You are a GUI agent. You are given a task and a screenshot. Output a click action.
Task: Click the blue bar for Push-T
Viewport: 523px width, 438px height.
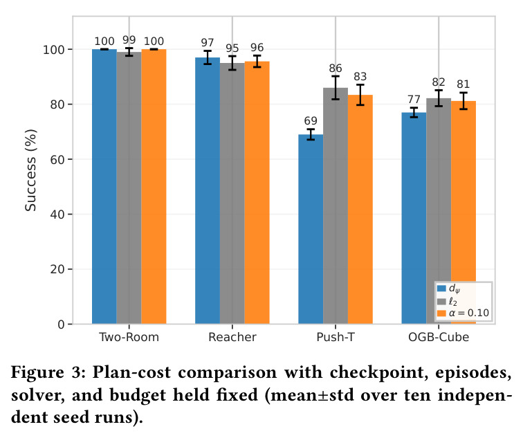pos(311,229)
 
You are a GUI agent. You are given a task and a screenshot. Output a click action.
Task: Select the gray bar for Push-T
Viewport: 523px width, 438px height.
pos(336,206)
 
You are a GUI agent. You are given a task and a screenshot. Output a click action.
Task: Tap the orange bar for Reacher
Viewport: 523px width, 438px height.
pos(257,193)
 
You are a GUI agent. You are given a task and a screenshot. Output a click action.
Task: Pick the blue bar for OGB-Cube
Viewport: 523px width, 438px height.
pos(414,218)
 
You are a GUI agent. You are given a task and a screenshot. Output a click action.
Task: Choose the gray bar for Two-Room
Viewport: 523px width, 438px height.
pos(129,188)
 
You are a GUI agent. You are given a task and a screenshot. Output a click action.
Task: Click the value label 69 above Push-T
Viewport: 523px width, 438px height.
pos(311,121)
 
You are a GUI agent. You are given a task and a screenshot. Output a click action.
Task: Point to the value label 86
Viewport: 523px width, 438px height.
pos(336,69)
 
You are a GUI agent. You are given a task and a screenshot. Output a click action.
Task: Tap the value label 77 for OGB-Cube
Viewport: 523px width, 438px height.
pos(414,100)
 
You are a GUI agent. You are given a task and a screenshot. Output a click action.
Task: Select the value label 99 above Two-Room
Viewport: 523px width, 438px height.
pos(129,40)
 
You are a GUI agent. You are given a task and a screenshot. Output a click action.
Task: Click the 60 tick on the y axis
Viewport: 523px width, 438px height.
pos(57,159)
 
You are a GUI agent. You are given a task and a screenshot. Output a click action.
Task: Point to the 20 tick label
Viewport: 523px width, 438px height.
pos(57,269)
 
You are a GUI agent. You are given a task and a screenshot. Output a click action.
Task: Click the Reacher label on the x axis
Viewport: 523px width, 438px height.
pos(232,337)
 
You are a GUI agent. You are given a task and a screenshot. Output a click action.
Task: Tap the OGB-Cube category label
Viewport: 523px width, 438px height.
pos(439,337)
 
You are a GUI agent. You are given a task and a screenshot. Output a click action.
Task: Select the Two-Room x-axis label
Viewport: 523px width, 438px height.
pos(129,337)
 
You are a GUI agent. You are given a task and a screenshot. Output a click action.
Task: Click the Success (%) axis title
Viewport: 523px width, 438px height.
pos(30,170)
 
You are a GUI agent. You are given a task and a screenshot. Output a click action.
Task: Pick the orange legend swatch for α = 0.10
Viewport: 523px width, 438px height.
pos(441,313)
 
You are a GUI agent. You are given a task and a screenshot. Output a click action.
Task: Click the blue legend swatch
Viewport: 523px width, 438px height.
pos(441,289)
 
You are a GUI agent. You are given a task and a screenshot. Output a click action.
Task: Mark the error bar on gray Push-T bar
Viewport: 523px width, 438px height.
pos(336,88)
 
